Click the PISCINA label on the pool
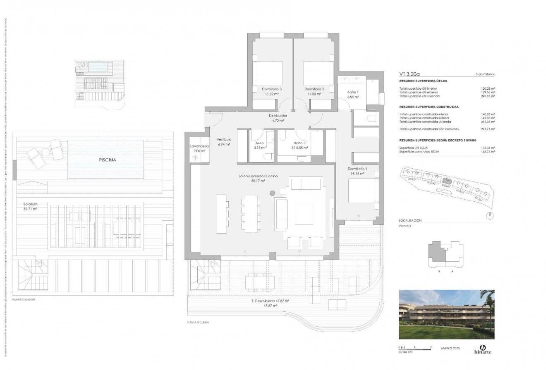pyautogui.click(x=106, y=159)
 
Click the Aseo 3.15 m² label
pyautogui.click(x=260, y=145)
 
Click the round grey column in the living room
pyautogui.click(x=272, y=193)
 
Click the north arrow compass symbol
pyautogui.click(x=489, y=215)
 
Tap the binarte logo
pyautogui.click(x=483, y=349)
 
